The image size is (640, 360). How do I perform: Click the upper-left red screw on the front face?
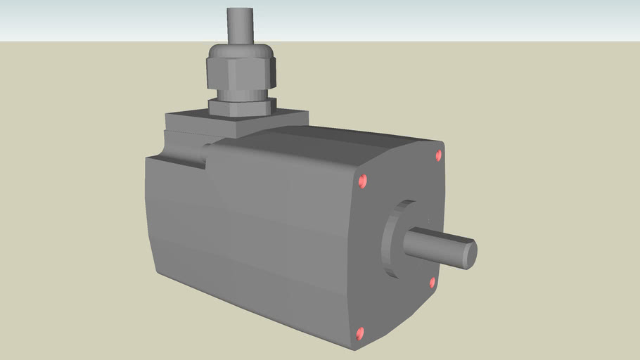(x=363, y=181)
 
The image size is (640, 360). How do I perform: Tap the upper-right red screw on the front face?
(x=439, y=155)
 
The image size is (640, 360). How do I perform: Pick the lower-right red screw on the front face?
(x=433, y=282)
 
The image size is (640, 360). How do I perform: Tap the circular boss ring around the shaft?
(x=390, y=239)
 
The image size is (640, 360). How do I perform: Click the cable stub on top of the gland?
(x=240, y=25)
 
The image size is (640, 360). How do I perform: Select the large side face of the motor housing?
(x=253, y=239)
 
